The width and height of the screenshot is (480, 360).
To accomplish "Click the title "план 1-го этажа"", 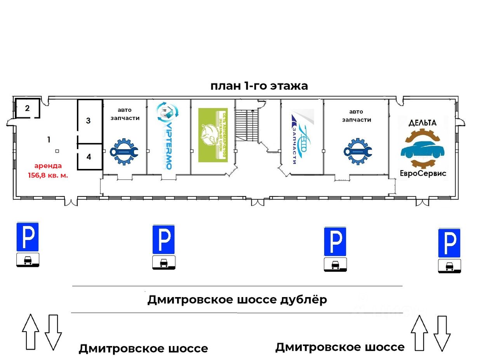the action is (259, 86).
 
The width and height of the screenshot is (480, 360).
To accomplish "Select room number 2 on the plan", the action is (27, 108).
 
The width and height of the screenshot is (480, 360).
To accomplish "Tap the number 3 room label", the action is (89, 121).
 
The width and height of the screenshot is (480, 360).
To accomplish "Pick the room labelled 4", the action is (89, 157).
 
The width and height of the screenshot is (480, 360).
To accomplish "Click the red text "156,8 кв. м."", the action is (48, 175).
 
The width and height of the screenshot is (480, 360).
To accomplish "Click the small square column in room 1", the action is (57, 151).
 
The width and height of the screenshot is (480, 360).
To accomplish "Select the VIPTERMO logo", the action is (166, 136).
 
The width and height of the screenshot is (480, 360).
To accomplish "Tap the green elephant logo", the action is (212, 135).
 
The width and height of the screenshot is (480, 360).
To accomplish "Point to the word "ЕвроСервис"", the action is (423, 173).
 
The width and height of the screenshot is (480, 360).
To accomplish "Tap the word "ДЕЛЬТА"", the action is (423, 123).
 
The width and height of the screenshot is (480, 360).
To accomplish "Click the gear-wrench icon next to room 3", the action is (124, 151).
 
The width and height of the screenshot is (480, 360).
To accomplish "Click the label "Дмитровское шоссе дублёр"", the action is (237, 300).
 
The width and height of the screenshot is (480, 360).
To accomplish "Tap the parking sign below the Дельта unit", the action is (449, 243).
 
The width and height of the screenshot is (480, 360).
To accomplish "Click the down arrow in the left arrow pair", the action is (53, 332).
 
